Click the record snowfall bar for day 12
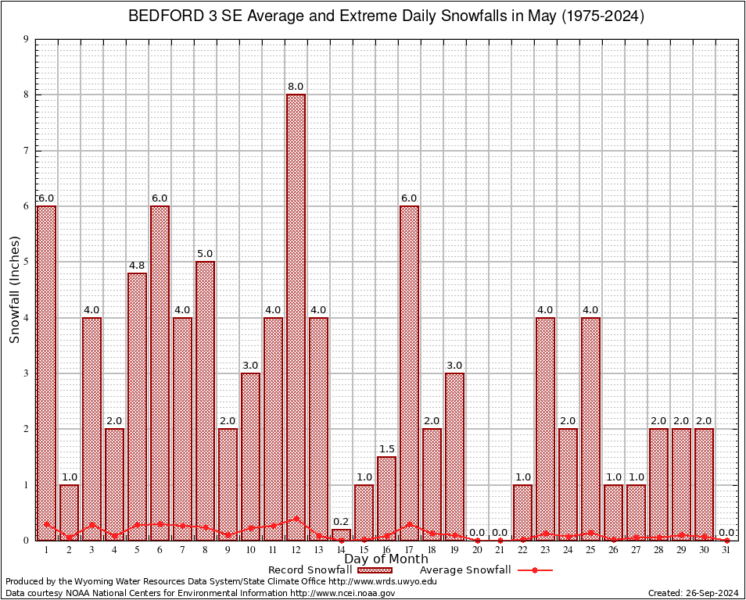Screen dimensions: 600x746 coord(296,312)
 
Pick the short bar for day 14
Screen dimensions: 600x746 coord(341,534)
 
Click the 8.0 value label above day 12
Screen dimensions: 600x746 coord(296,87)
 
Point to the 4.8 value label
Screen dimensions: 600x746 coord(137,265)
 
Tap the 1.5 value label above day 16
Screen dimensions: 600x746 coord(386,449)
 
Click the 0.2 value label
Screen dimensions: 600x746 coord(341,522)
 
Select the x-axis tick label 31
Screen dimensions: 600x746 coord(726,550)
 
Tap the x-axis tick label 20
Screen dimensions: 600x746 coord(477,550)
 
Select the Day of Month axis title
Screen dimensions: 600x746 coord(386,559)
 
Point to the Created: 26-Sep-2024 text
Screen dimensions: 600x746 coord(694,593)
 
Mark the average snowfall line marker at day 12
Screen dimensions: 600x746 coord(296,518)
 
